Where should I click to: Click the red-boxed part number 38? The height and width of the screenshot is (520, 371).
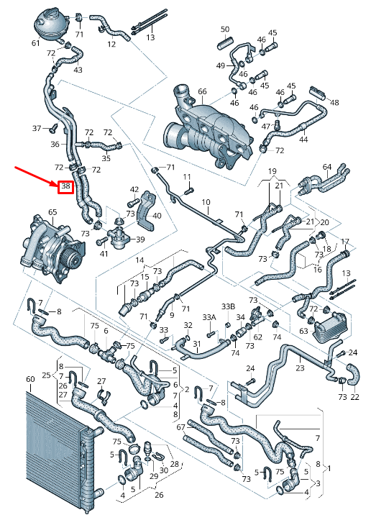coord(65,187)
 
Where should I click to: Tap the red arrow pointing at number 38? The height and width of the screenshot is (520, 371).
coord(36,177)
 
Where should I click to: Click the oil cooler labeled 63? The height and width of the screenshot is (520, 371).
coord(331,327)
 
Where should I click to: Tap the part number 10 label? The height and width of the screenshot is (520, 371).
coord(206,202)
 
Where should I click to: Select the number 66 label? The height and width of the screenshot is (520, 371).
coord(202,91)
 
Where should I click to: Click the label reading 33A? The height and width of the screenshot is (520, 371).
coord(209,317)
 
